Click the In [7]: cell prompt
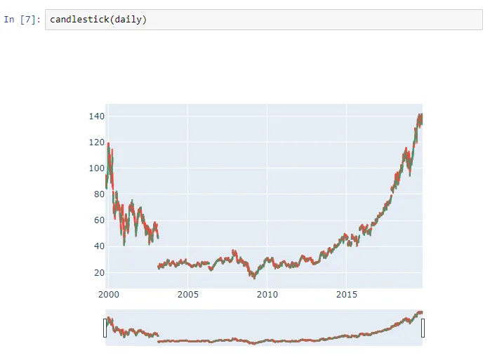tap(22, 20)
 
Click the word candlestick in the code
tap(78, 20)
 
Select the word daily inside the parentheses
tap(128, 20)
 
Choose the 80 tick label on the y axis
tap(98, 194)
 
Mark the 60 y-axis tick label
tap(98, 220)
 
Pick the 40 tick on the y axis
tap(98, 246)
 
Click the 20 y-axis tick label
tap(98, 272)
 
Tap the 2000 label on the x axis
tap(109, 294)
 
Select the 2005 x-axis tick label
tap(187, 294)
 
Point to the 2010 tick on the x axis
tap(267, 294)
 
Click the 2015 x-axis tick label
tap(346, 294)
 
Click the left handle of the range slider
tap(105, 328)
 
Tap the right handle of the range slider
tap(423, 328)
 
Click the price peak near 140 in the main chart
tap(420, 116)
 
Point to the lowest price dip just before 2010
tap(254, 277)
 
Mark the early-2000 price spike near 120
tap(108, 144)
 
